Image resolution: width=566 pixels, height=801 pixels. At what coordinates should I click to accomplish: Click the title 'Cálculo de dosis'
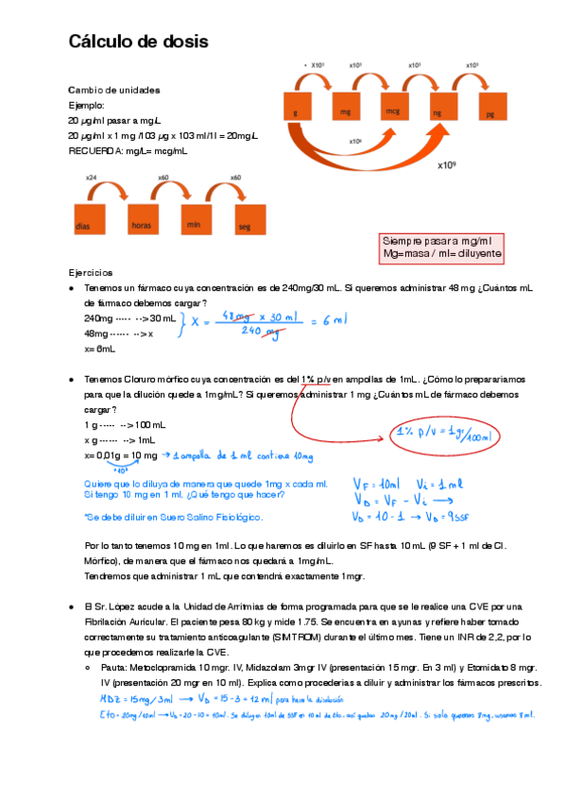[138, 43]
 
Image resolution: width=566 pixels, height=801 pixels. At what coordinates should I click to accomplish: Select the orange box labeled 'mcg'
[393, 112]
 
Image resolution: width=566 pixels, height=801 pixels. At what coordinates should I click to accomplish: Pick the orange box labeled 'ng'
[441, 112]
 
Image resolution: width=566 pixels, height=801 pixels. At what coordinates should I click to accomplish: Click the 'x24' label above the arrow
[91, 178]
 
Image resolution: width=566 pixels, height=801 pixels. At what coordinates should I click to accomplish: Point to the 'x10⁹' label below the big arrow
[447, 164]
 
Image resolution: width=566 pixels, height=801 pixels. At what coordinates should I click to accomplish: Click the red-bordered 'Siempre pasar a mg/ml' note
[441, 248]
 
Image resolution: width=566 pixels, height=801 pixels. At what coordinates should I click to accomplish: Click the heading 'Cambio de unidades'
[114, 90]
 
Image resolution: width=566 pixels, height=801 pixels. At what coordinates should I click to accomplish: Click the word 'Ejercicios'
[91, 272]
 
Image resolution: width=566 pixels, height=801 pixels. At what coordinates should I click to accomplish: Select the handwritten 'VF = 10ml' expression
[385, 482]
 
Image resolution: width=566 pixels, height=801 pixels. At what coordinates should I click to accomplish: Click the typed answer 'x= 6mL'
[99, 349]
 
